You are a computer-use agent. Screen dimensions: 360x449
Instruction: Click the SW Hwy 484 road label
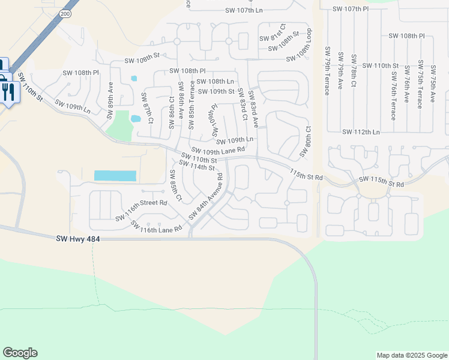coord(78,239)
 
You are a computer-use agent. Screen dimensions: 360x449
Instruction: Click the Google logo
coord(20,353)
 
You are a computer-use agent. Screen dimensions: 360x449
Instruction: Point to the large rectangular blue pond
coord(115,176)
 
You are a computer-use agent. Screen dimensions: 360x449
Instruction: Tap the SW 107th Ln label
coord(244,10)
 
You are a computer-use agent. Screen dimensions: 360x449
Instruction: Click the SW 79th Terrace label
coord(327,71)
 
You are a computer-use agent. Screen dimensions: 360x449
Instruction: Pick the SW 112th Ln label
coord(361,132)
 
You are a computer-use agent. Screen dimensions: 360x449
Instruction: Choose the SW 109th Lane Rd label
coord(218,150)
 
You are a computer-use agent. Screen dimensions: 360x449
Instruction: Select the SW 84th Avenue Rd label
coord(206,197)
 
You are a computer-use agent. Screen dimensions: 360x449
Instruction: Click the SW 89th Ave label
coord(110,102)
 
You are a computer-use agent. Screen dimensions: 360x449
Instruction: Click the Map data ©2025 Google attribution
coord(411,355)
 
